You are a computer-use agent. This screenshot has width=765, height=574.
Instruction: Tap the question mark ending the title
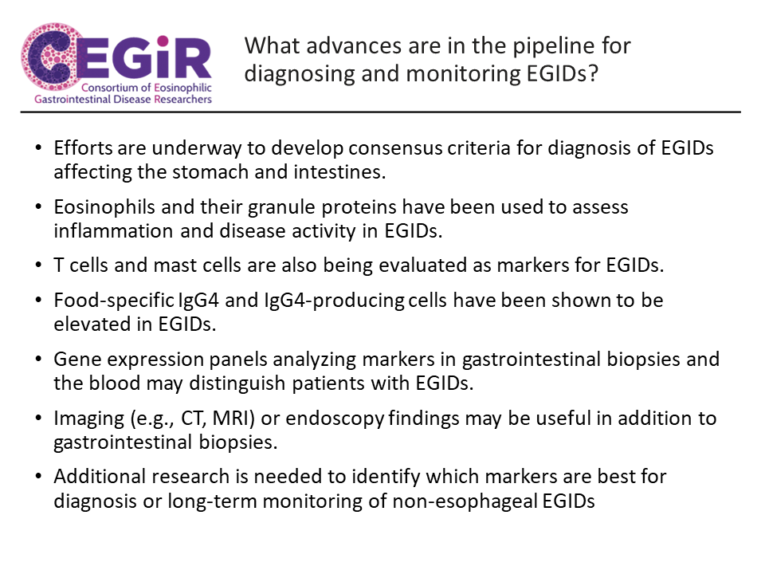tap(593, 73)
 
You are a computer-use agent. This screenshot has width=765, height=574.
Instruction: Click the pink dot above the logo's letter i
tap(163, 41)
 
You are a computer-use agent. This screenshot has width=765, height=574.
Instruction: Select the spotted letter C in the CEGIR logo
tap(48, 57)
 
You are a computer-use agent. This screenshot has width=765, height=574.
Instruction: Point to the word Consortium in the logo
tap(110, 88)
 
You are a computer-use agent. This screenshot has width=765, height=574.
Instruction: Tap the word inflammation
tap(113, 231)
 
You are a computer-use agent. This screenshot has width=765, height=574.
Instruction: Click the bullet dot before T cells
tap(38, 265)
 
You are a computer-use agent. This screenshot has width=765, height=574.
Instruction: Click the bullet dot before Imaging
tap(38, 419)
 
